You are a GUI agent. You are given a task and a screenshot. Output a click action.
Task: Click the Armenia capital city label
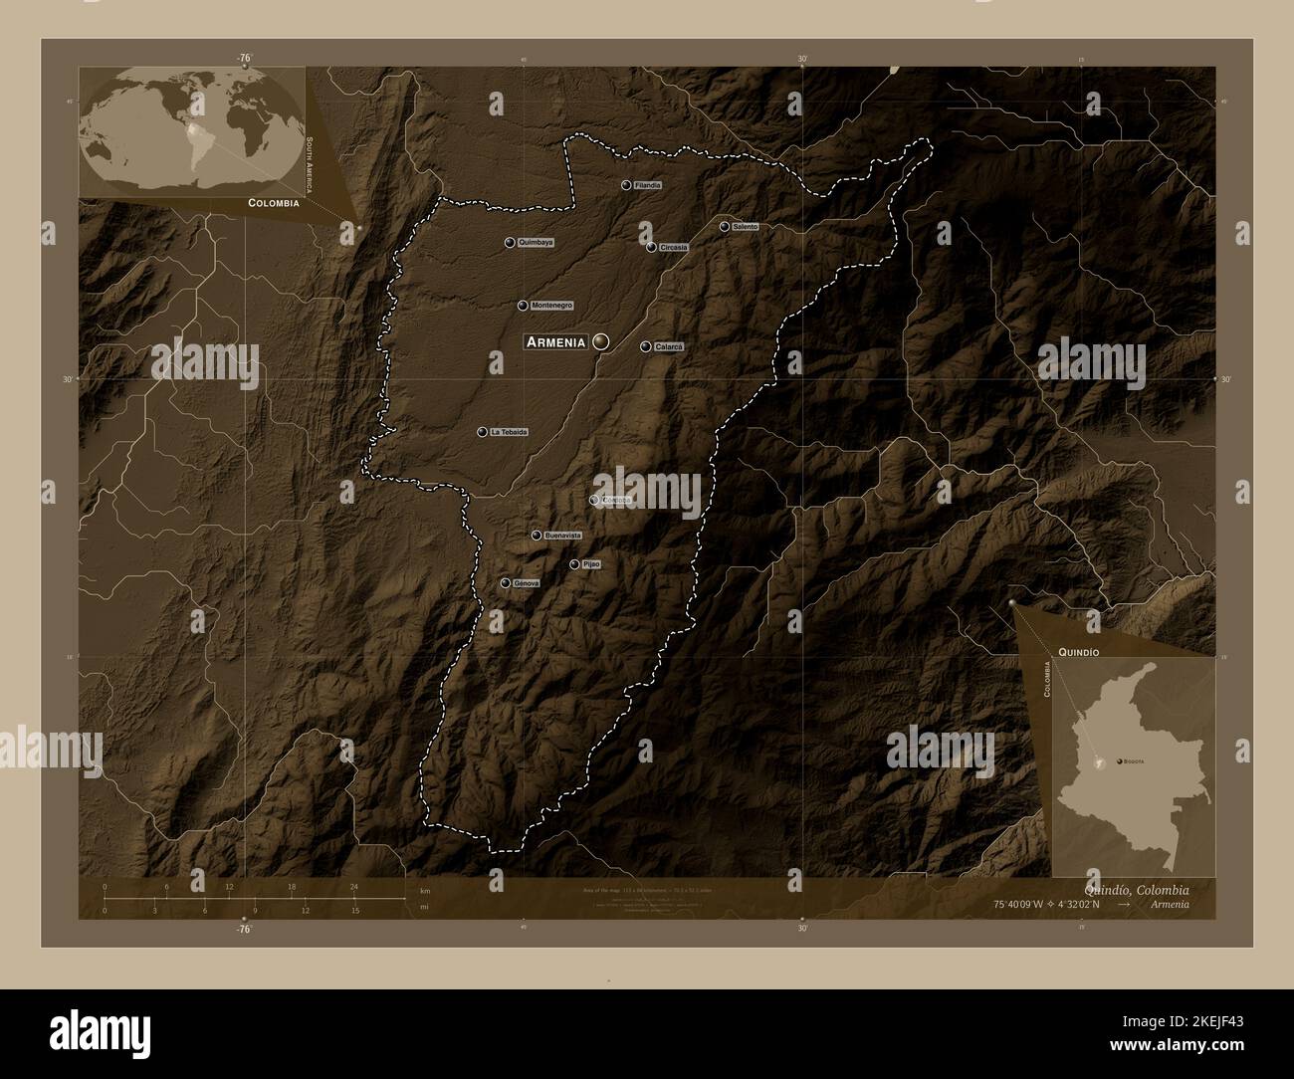tap(555, 341)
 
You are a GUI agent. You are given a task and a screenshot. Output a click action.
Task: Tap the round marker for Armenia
tap(600, 341)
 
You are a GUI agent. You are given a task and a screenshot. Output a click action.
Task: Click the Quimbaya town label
tap(536, 242)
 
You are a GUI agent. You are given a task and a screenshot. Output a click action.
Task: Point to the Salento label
tap(745, 227)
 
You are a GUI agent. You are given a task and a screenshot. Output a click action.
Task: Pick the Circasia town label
tap(672, 248)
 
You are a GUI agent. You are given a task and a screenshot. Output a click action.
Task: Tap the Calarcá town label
tap(669, 346)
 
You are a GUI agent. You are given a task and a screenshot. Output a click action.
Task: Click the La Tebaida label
tap(508, 432)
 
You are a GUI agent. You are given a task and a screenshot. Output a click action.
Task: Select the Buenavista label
tap(562, 536)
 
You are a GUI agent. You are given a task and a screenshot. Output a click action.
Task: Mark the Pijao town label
tap(591, 564)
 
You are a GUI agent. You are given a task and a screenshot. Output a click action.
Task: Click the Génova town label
tap(526, 583)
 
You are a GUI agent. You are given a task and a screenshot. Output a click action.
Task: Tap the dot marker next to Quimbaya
tap(510, 242)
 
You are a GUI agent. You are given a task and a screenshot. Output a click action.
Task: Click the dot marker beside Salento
tap(724, 227)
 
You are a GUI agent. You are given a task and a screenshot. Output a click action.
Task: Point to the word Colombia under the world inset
tap(274, 202)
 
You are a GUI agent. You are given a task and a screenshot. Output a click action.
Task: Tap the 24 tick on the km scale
tap(353, 886)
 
